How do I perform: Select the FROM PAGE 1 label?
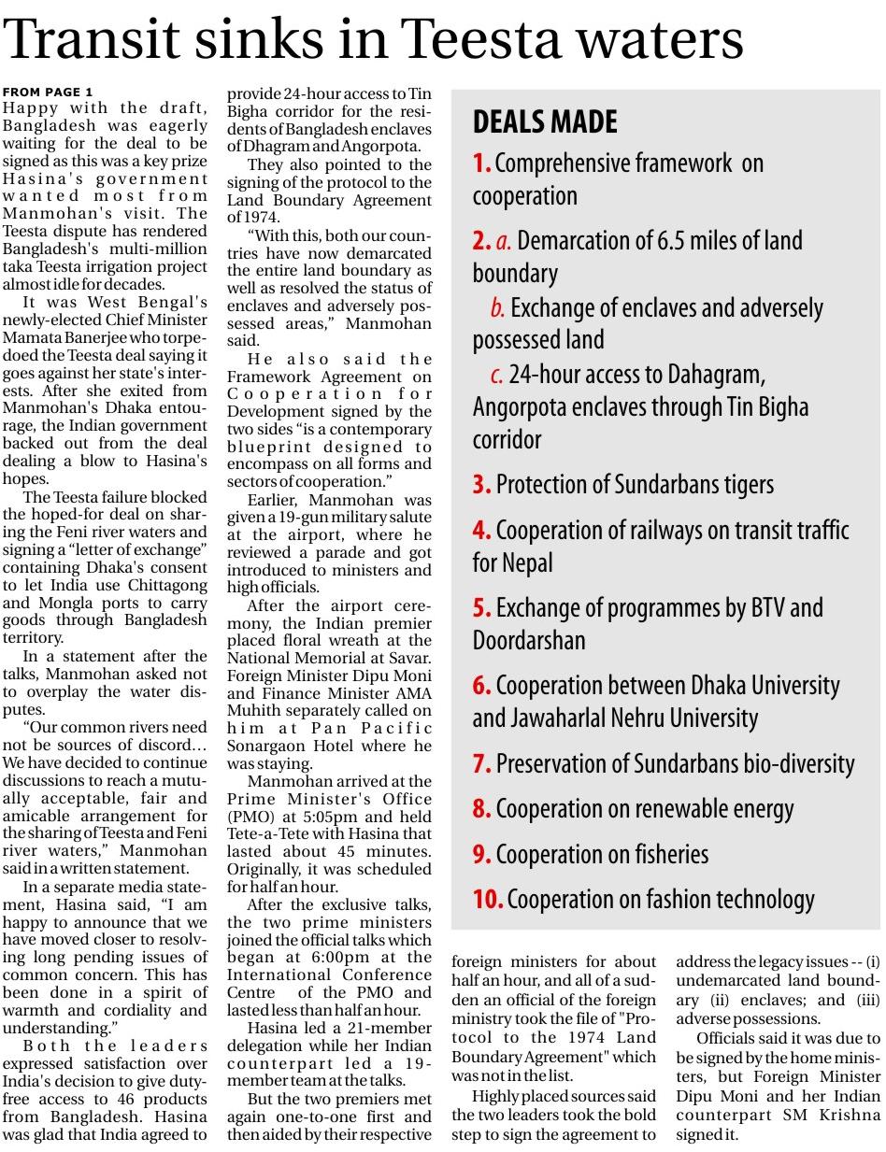click(x=48, y=92)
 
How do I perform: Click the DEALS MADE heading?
click(x=545, y=121)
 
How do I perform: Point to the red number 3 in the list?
click(x=480, y=485)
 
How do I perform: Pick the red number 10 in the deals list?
click(x=488, y=899)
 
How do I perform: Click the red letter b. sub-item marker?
click(x=497, y=308)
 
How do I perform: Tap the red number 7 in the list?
click(x=480, y=763)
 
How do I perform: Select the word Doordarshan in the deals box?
click(x=529, y=640)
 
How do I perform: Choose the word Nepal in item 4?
click(x=529, y=562)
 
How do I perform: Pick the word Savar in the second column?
click(x=412, y=659)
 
